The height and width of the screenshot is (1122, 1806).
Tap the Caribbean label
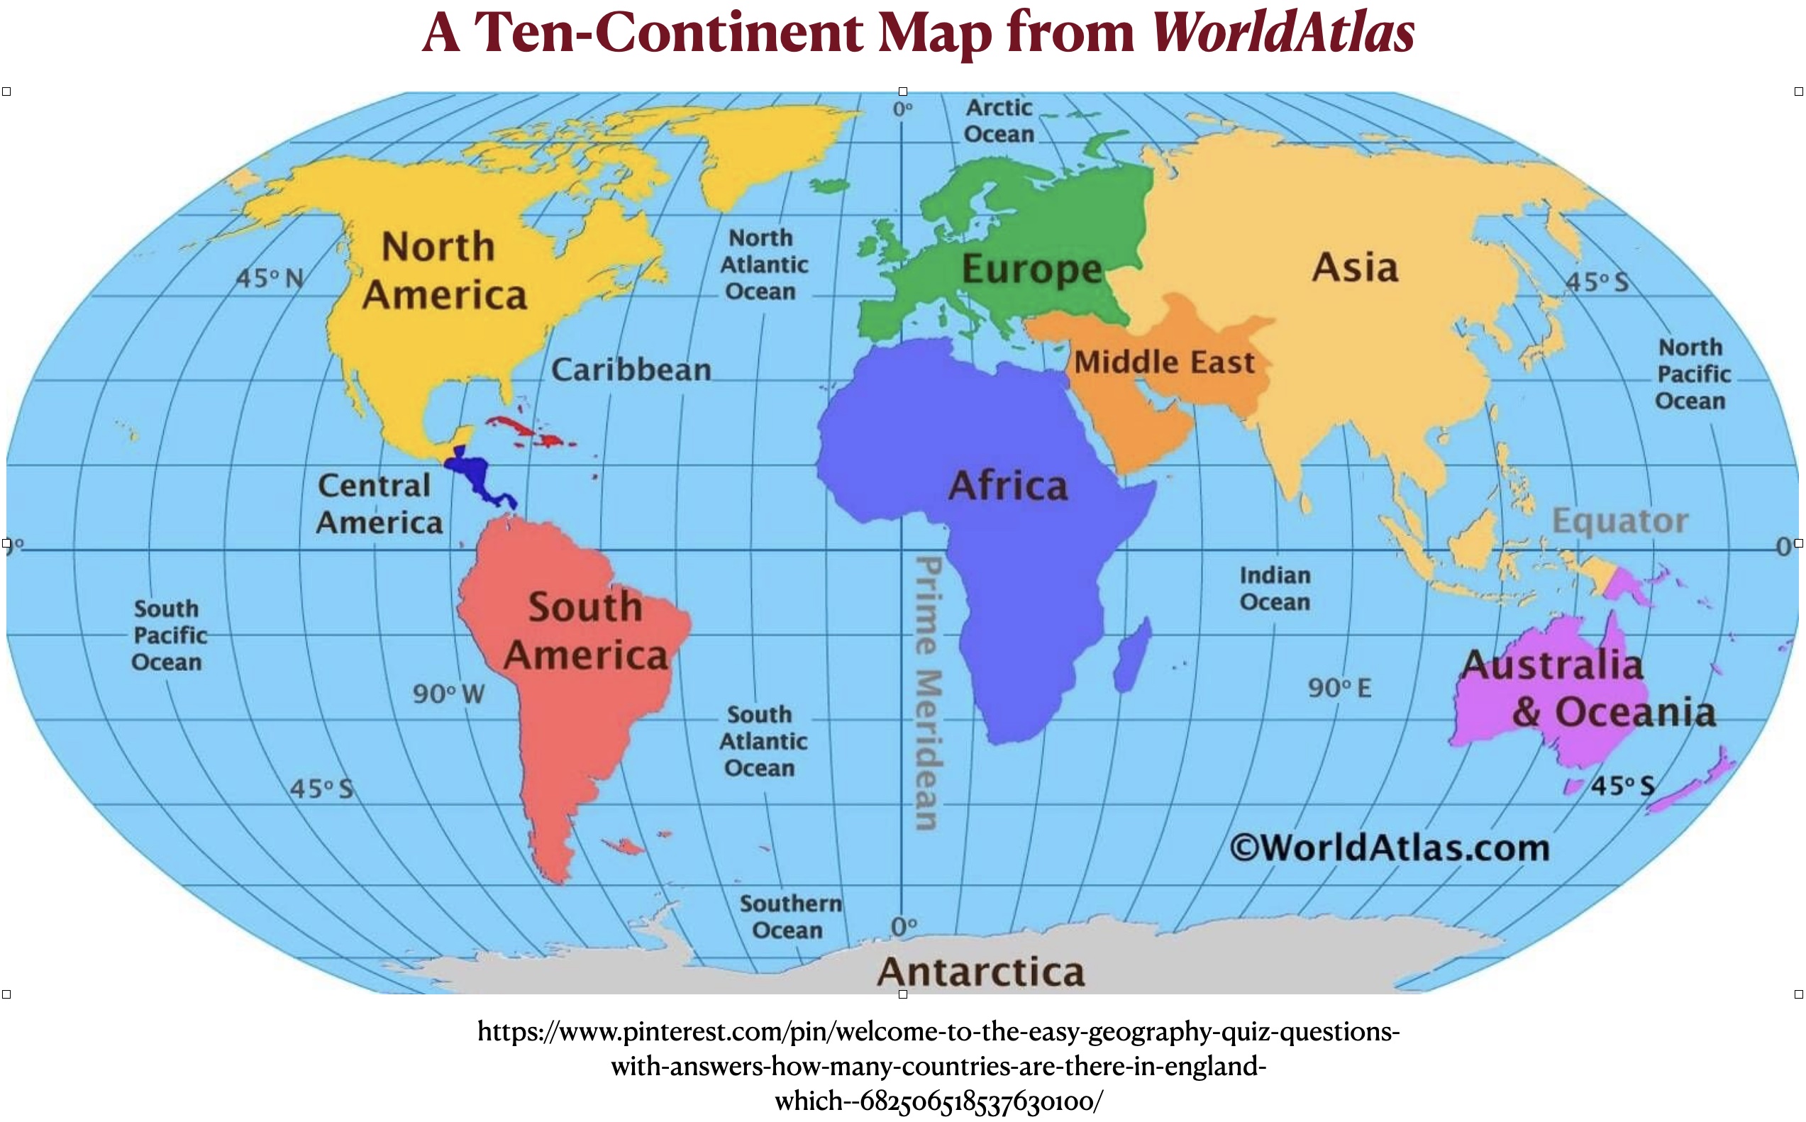[x=631, y=370]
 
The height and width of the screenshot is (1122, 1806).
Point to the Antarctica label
[x=981, y=972]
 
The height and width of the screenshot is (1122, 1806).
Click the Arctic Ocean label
[x=999, y=121]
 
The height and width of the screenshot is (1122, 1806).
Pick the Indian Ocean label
[x=1275, y=589]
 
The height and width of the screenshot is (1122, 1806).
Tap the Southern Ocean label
[x=790, y=916]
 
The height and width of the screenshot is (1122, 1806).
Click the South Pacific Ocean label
[x=168, y=635]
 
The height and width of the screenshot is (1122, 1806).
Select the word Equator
[x=1619, y=521]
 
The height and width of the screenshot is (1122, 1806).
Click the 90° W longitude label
[x=448, y=694]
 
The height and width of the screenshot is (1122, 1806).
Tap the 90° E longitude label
[x=1339, y=688]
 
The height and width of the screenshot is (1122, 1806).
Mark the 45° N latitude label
[x=270, y=278]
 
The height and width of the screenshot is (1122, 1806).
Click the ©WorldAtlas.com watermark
[x=1390, y=848]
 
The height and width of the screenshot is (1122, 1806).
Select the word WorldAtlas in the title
[x=1283, y=33]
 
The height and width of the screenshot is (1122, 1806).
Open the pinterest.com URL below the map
[x=938, y=1065]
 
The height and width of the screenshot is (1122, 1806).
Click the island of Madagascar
[x=1133, y=656]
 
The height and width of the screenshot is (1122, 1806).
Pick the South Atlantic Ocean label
[x=762, y=741]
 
